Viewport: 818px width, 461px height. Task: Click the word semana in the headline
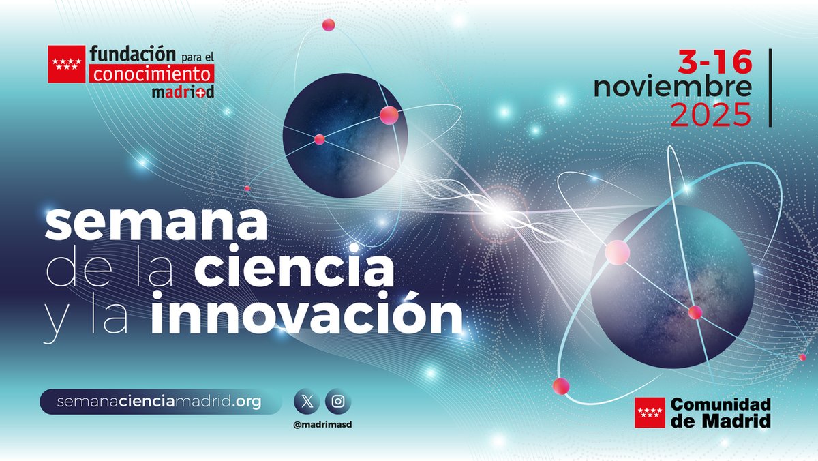(x=156, y=224)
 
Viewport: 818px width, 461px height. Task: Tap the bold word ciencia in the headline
(x=294, y=269)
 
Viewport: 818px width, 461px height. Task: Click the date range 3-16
(x=714, y=63)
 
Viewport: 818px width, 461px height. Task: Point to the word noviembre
(x=672, y=88)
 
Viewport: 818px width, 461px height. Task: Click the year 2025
(x=710, y=115)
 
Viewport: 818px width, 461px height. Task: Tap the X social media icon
(x=306, y=402)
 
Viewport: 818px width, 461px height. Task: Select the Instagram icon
(x=338, y=402)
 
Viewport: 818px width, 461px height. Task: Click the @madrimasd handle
(x=322, y=423)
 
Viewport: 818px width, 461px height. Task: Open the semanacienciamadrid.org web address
(x=160, y=402)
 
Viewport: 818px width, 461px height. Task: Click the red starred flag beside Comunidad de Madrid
(x=650, y=413)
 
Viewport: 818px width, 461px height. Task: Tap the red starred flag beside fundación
(x=66, y=64)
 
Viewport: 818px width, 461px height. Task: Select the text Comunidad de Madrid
(x=721, y=413)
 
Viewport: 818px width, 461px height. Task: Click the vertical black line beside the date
(x=770, y=88)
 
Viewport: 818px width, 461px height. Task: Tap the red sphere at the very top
(x=328, y=25)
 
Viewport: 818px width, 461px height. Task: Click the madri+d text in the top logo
(x=182, y=91)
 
